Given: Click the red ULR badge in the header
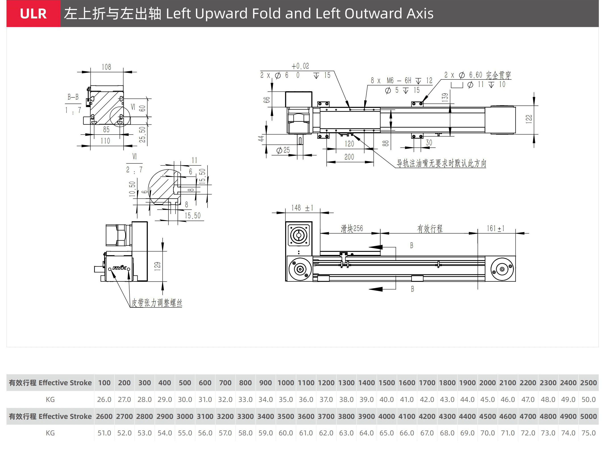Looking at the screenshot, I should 33,14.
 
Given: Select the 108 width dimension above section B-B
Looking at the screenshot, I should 106,67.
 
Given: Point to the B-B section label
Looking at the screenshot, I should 73,97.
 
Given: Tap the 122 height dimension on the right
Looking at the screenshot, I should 529,119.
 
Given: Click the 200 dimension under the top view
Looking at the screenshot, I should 349,157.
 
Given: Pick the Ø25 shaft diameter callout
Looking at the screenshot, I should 283,150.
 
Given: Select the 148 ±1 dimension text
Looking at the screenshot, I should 302,208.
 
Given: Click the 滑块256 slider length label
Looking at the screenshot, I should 352,229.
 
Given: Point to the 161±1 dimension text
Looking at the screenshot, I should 495,229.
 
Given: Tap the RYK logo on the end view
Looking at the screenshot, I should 119,268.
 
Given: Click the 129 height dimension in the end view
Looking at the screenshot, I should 157,266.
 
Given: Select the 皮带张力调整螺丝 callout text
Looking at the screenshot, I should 157,303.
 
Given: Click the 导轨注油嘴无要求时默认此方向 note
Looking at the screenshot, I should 441,163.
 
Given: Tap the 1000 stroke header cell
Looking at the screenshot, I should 286,383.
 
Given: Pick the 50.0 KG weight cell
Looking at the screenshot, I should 588,399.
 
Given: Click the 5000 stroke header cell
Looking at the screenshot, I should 588,416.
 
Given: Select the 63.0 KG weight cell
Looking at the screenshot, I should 346,433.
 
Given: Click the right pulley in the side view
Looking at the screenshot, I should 502,269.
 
